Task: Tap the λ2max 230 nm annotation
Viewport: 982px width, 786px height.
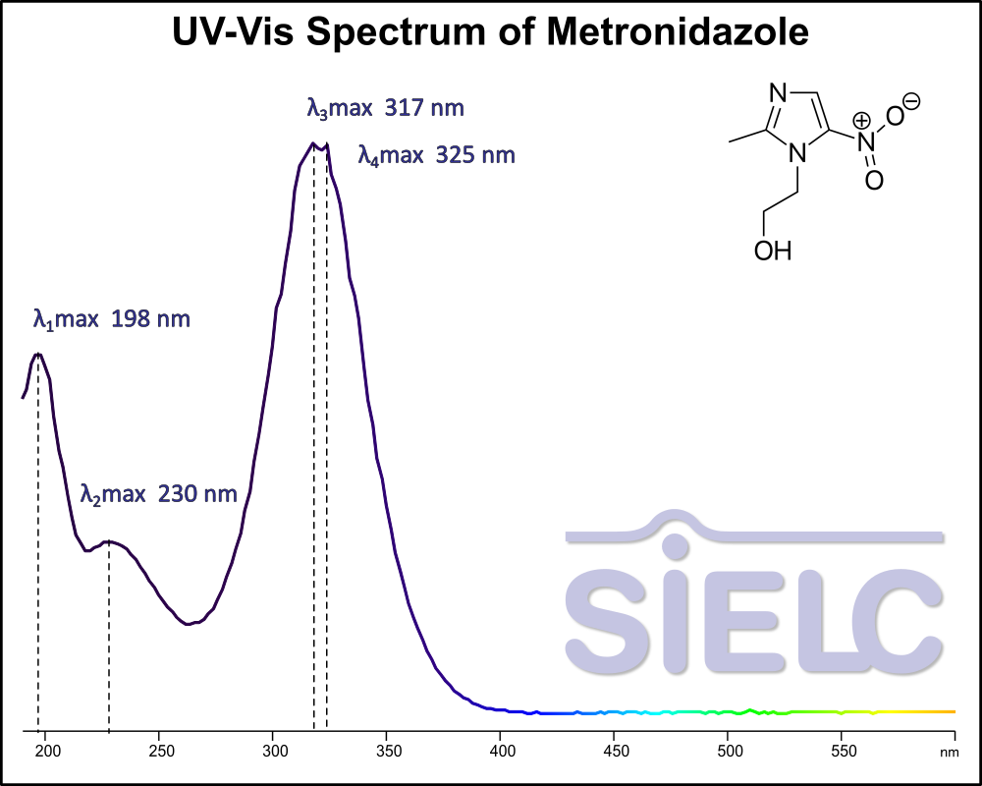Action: [159, 493]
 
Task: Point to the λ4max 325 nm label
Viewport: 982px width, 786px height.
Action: [436, 155]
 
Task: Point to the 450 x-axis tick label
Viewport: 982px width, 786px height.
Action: [614, 752]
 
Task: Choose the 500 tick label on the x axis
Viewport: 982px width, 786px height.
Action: [728, 752]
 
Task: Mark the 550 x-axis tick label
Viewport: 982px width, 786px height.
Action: [841, 752]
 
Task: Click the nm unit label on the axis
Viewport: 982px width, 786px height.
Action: [948, 753]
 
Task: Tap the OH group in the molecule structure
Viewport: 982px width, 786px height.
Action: [772, 252]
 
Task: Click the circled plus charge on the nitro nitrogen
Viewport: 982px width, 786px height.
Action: [861, 121]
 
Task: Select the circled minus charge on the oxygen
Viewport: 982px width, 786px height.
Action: [911, 100]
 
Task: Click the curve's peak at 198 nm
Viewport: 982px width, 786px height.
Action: [38, 355]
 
